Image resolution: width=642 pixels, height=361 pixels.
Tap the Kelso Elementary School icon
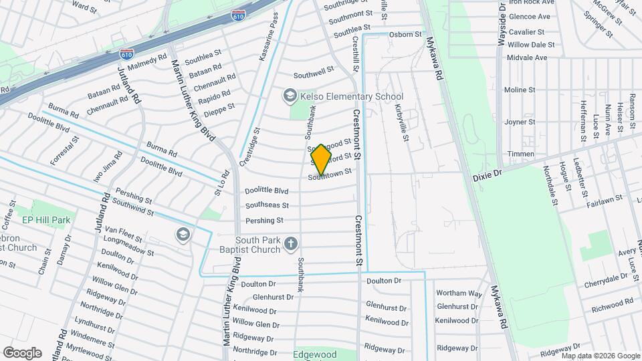tap(290, 96)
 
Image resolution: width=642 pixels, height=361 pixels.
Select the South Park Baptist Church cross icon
tap(290, 244)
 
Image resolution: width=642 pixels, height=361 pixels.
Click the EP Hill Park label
tap(46, 219)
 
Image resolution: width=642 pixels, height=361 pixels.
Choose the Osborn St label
tap(406, 34)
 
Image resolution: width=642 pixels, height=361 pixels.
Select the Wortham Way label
tap(459, 293)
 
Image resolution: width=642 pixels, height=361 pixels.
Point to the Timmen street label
tap(521, 154)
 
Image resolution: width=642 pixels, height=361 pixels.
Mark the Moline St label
tap(520, 90)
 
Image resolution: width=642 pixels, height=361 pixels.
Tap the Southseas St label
tap(267, 205)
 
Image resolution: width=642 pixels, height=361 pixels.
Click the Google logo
tap(22, 352)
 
